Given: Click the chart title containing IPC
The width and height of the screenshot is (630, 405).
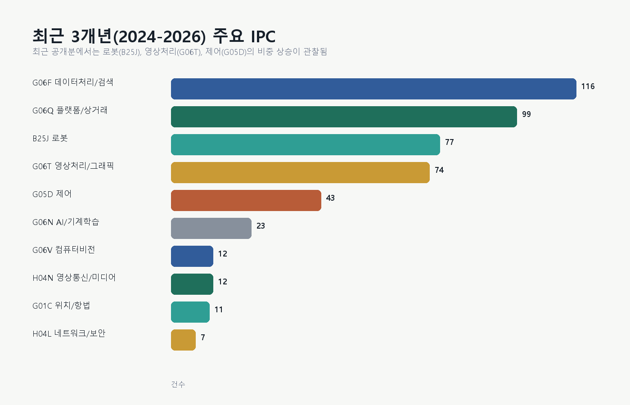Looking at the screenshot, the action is pos(154,36).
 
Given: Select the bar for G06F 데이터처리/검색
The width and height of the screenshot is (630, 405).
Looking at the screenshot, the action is pos(373,89).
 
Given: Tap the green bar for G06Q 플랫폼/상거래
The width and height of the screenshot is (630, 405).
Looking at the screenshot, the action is pos(344,117).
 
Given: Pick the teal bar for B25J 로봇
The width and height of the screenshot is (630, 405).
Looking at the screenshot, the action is pos(306,144).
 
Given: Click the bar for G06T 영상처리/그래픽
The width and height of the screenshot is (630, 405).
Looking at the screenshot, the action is pos(301,172).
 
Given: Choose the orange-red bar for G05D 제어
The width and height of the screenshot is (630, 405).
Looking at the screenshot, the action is pos(246,200).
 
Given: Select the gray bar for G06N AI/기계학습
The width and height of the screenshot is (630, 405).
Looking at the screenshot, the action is pos(211,228).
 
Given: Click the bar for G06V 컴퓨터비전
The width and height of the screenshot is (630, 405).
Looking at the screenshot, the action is pos(192,256).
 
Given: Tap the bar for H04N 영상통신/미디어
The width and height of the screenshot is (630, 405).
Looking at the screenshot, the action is pos(192,284).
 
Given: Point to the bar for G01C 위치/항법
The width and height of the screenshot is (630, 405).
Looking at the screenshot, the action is pos(190,312).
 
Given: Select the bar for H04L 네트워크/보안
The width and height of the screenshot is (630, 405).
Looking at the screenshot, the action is pos(184,340).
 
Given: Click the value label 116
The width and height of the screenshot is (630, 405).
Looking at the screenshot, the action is pos(588,86).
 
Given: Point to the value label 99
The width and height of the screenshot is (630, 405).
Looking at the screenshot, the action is pos(526,114).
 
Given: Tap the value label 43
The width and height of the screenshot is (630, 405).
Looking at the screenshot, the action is pos(330,198).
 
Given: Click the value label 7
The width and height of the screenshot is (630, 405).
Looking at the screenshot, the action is pos(203,337).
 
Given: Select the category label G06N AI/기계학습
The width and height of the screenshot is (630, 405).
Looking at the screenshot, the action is pos(66,222).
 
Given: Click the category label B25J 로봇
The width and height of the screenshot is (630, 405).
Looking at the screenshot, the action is pos(50,138).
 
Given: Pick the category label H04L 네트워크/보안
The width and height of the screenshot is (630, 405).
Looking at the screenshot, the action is pos(69,333).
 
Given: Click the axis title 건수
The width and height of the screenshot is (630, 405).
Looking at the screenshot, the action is pos(178,384).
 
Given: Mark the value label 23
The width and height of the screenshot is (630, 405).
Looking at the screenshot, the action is pos(261,226).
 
